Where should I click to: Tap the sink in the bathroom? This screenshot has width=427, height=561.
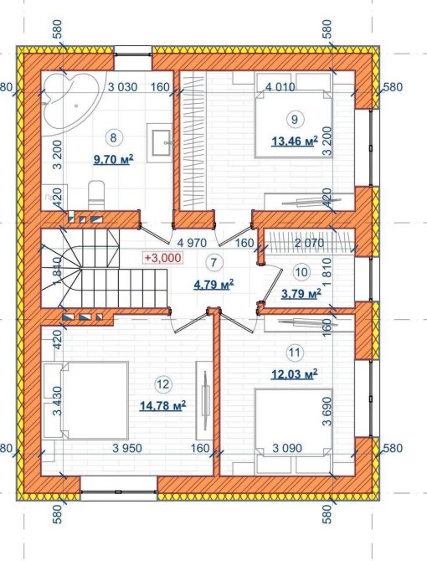[x=161, y=142]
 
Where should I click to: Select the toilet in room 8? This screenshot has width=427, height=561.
[x=96, y=195]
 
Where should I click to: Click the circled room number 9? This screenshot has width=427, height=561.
[x=295, y=119]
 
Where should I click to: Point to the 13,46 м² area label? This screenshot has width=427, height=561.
[x=295, y=142]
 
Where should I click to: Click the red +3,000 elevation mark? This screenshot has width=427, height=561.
[x=162, y=258]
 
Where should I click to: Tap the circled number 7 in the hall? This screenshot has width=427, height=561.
[x=213, y=263]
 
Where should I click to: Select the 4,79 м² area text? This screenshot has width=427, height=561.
[x=213, y=285]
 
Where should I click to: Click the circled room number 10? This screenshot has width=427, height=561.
[x=302, y=272]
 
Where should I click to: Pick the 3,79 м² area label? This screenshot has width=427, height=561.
[x=301, y=294]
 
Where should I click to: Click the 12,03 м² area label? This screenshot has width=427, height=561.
[x=295, y=374]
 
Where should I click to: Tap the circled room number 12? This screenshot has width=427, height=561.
[x=162, y=384]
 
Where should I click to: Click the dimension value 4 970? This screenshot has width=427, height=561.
[x=192, y=244]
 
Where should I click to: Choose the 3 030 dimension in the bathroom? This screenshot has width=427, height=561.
[x=122, y=87]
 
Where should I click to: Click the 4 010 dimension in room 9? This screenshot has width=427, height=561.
[x=280, y=87]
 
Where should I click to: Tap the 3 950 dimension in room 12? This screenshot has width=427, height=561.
[x=127, y=448]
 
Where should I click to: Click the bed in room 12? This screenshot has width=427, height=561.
[x=86, y=400]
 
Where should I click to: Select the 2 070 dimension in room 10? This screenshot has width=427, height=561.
[x=309, y=244]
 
